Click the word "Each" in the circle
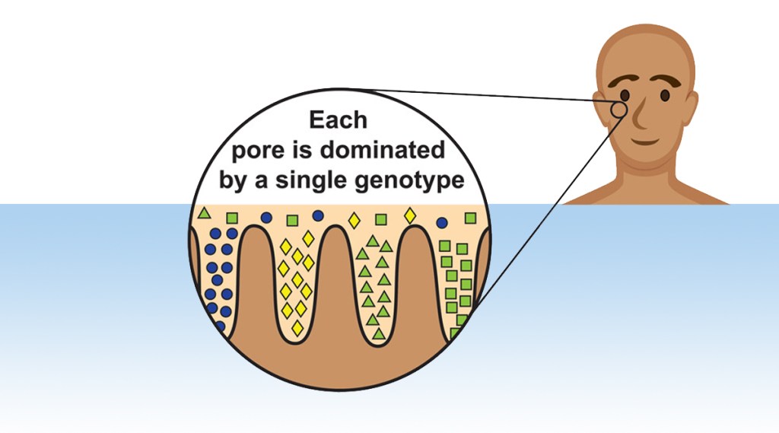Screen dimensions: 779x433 click(338, 119)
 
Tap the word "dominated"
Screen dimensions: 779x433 click(382, 149)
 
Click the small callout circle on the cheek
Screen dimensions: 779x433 click(618, 110)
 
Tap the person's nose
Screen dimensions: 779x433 click(640, 114)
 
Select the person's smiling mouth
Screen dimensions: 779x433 click(646, 142)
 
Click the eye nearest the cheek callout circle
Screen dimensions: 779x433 click(625, 95)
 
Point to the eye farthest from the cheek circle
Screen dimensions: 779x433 click(665, 94)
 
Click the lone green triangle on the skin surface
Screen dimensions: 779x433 click(204, 213)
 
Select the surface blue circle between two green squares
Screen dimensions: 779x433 click(266, 217)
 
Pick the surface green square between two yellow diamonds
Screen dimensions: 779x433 click(381, 219)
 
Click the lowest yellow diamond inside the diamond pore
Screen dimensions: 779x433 click(297, 328)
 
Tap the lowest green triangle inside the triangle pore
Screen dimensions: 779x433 click(379, 333)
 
